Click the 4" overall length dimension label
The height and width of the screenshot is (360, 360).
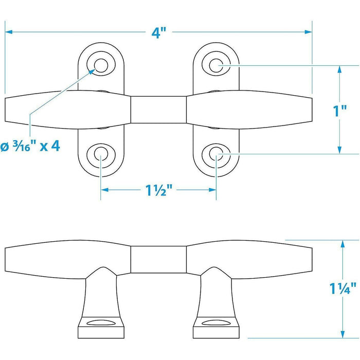click(x=158, y=32)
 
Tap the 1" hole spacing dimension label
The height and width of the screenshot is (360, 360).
click(x=339, y=111)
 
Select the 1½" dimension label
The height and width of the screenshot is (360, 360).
click(x=158, y=190)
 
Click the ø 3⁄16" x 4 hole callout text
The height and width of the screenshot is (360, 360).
click(x=30, y=146)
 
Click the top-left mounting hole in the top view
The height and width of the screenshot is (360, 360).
click(x=101, y=65)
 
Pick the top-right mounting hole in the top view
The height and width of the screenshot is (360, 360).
click(x=216, y=65)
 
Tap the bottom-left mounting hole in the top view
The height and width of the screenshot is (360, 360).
click(x=101, y=154)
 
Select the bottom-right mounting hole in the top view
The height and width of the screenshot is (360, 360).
click(x=216, y=154)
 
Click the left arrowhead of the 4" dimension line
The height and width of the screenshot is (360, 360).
click(x=9, y=32)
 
